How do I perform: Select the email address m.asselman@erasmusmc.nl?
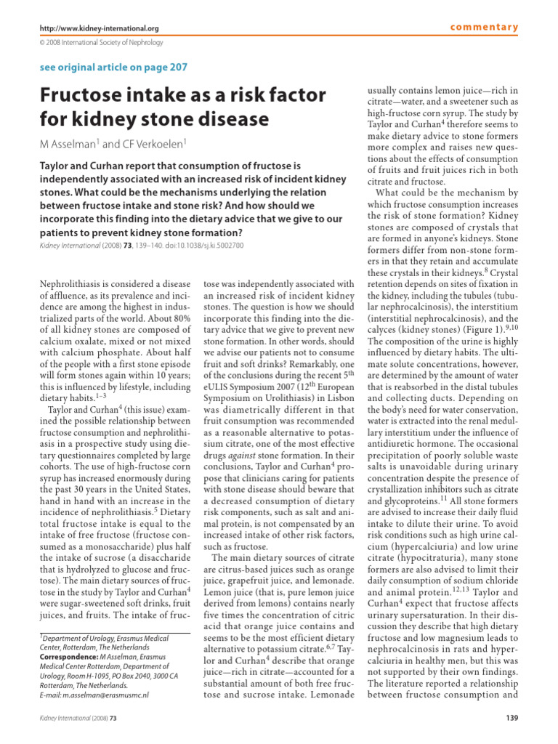[106, 694]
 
